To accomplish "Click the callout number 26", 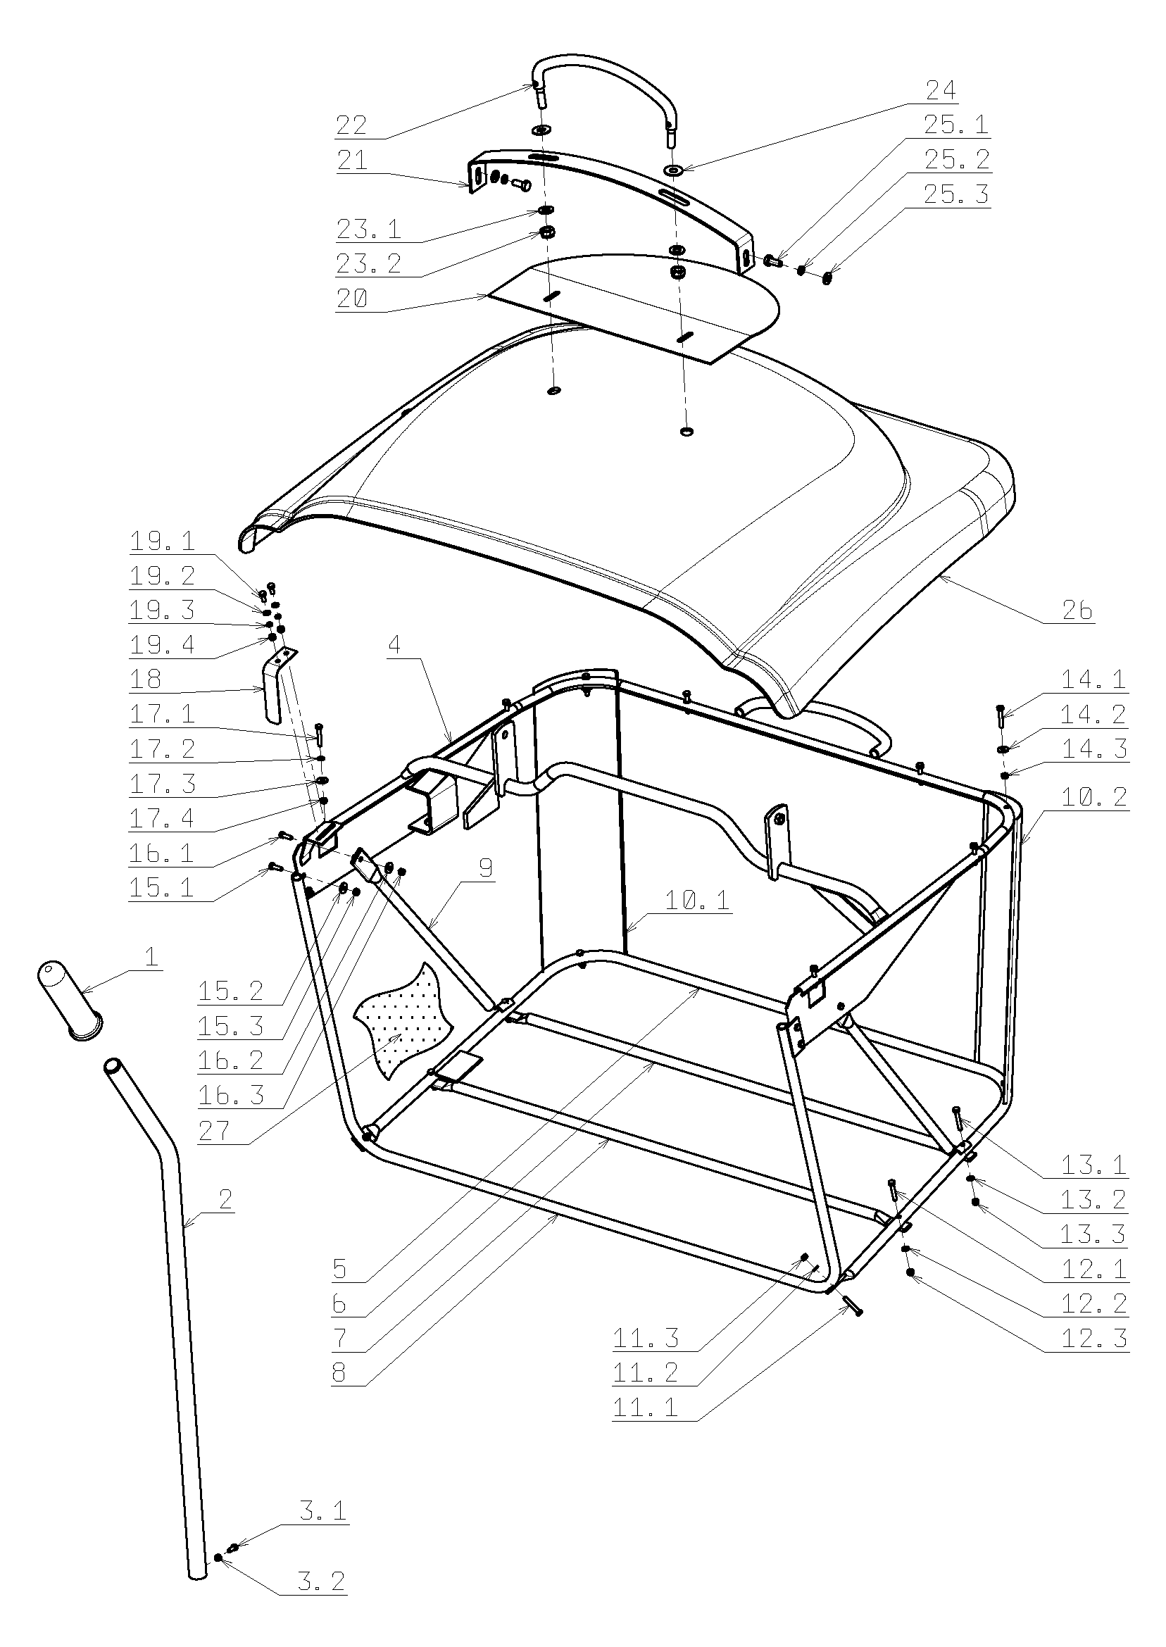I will click(1077, 610).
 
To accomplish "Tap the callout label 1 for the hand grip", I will click(151, 957).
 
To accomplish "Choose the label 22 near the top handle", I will click(352, 125).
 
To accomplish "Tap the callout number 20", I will click(352, 298).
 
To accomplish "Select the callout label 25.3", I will click(955, 194).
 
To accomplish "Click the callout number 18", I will click(146, 679).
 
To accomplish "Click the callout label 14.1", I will click(1093, 679).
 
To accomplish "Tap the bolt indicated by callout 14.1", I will click(999, 716).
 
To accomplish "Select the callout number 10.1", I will click(696, 900).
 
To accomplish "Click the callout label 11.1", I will click(645, 1407).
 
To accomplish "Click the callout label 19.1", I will click(162, 541).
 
